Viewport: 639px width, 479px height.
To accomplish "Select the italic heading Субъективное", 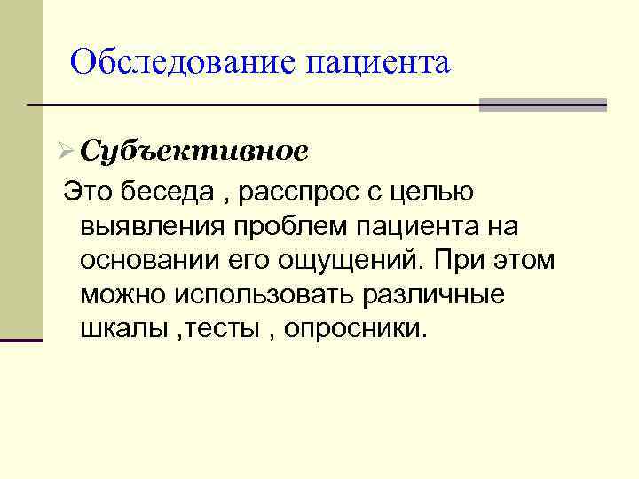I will (x=193, y=151).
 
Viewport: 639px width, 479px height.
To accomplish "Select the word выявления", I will (x=151, y=226).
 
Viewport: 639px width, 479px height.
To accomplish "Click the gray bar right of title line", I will (x=542, y=106).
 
